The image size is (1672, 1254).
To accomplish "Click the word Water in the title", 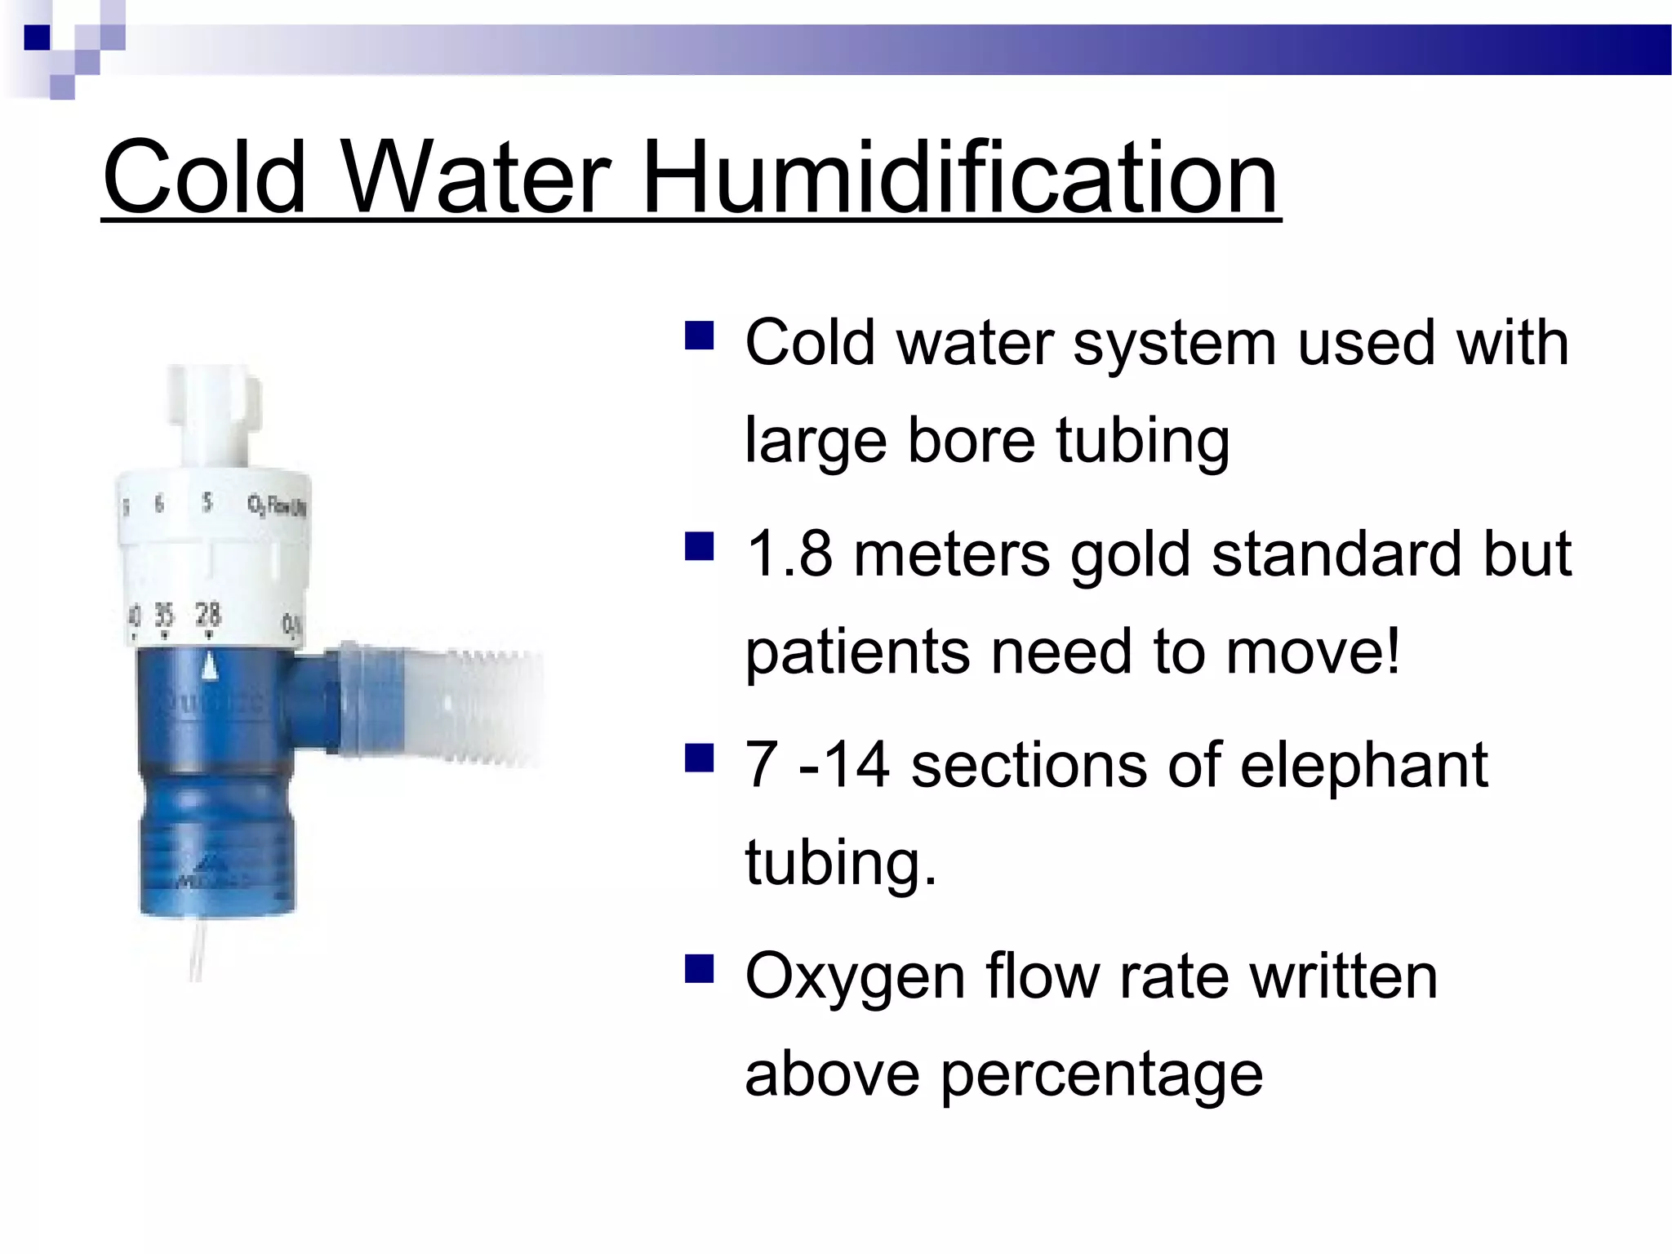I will pos(475,177).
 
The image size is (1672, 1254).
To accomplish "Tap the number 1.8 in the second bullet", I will pos(789,554).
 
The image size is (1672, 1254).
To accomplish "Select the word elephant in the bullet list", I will pos(1363,767).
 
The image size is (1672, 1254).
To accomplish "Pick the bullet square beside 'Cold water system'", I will pos(700,335).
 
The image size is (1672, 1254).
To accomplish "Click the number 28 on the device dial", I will pos(208,614).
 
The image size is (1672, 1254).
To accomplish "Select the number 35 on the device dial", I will pos(164,616).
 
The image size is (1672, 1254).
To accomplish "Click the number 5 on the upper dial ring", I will pos(207,502).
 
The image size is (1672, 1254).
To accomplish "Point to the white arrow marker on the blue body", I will pos(210,665).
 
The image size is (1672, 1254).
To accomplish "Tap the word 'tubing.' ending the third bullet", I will pos(841,863).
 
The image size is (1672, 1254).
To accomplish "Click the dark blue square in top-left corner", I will pos(37,38).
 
